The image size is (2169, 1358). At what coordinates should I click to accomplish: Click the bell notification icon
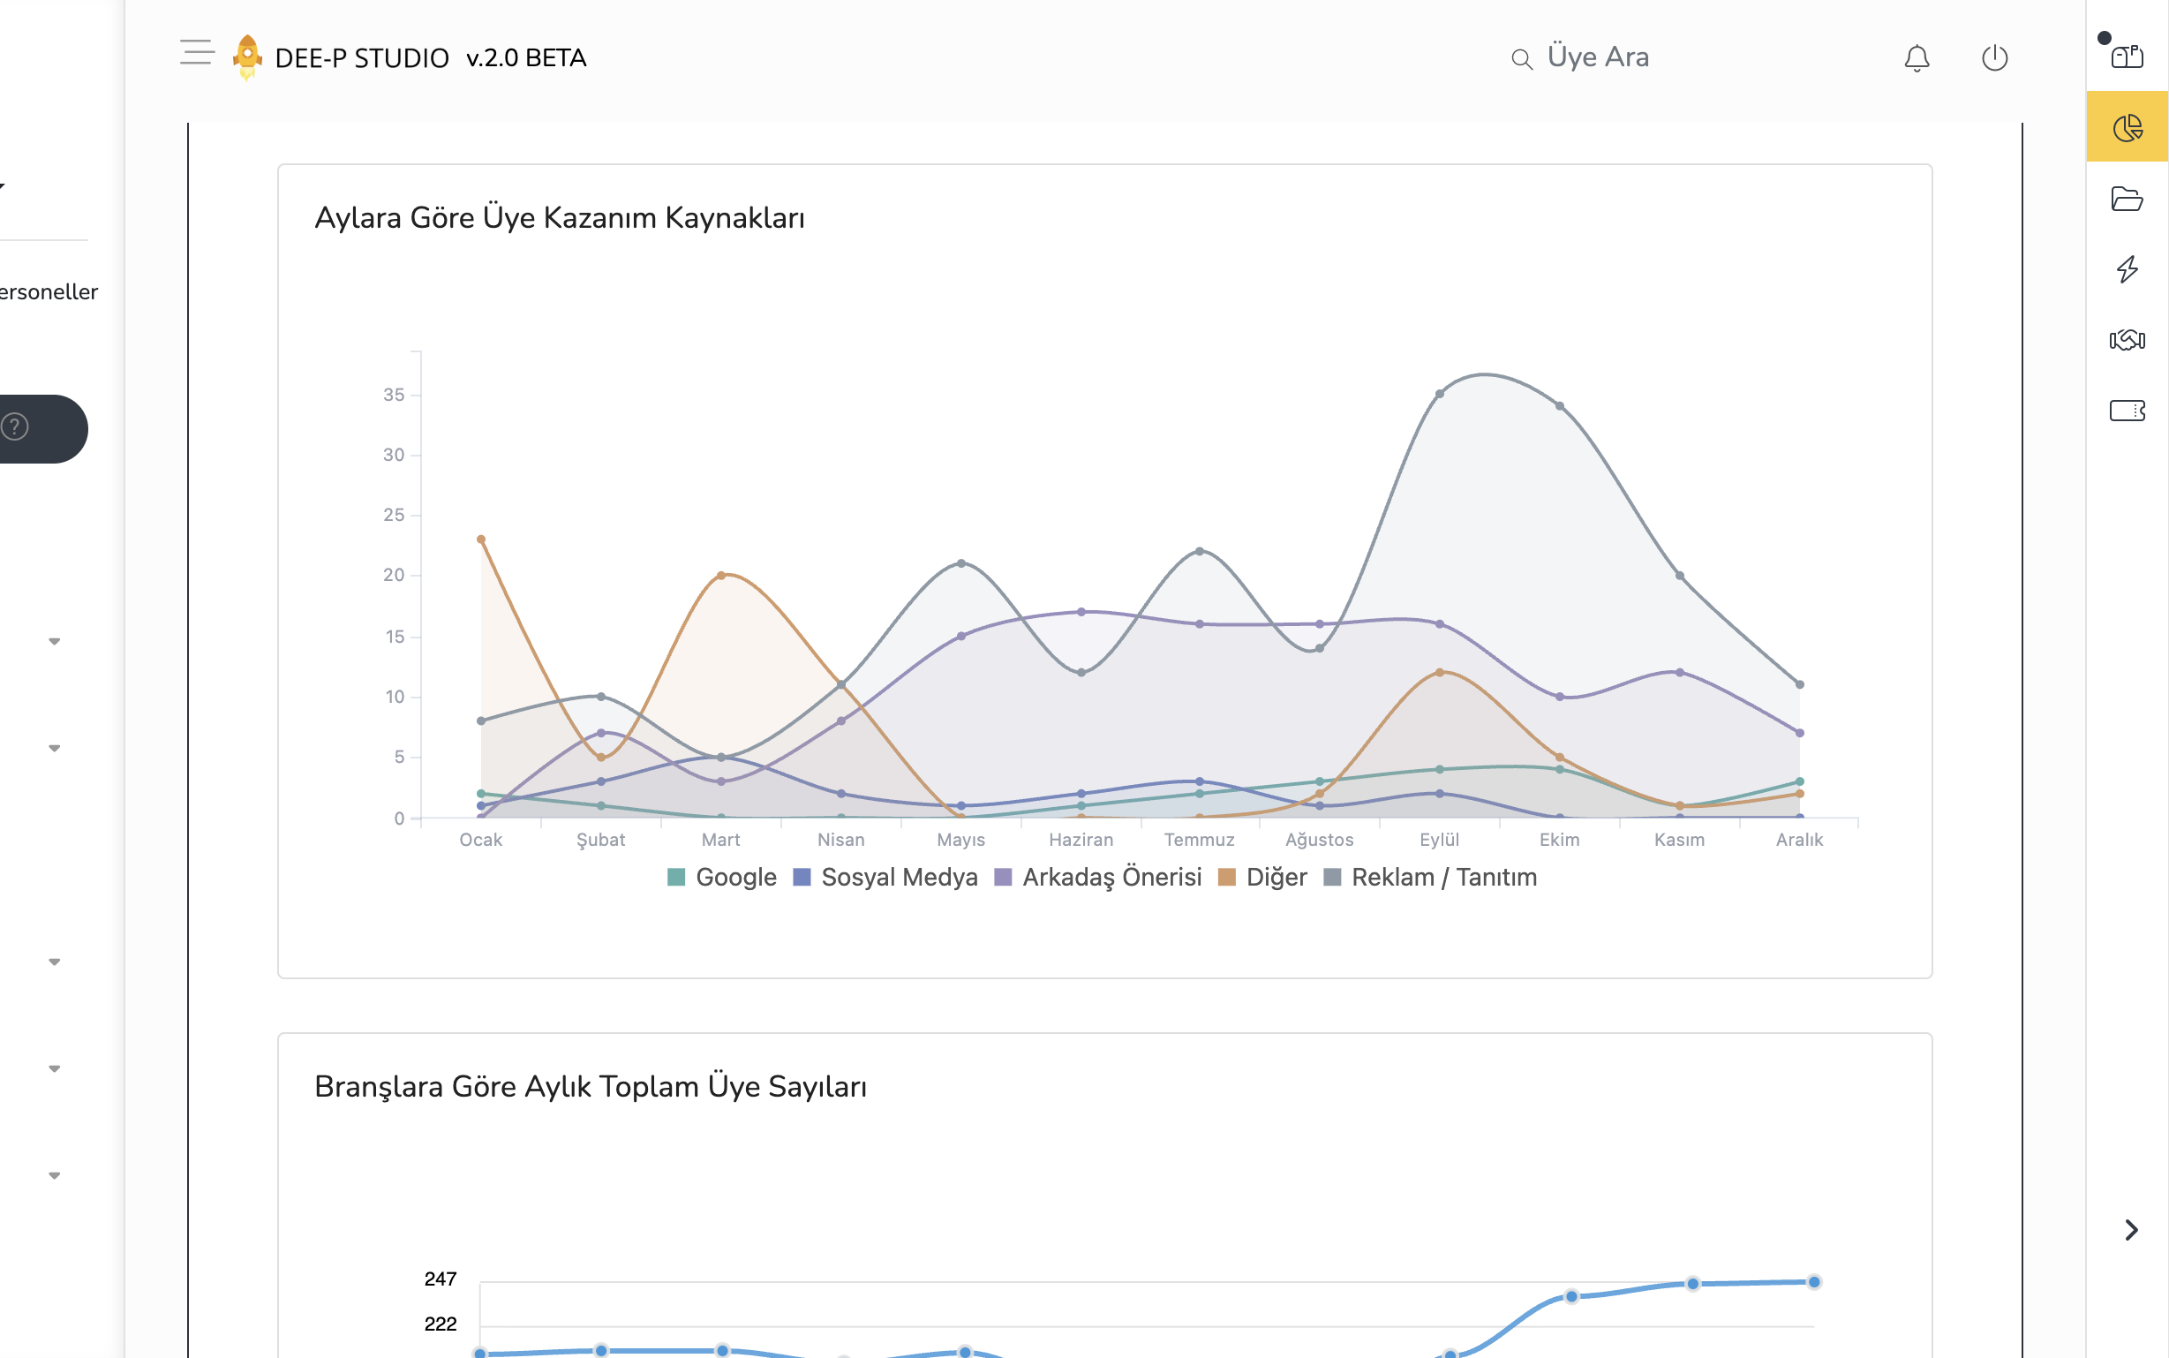click(1916, 58)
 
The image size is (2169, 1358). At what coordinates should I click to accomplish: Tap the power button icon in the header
click(1994, 58)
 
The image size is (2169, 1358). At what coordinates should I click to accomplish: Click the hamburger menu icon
click(197, 52)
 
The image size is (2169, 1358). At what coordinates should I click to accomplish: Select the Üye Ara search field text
click(1598, 57)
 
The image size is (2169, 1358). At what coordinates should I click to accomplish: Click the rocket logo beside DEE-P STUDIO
click(247, 57)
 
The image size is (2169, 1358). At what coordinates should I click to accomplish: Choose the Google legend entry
click(722, 877)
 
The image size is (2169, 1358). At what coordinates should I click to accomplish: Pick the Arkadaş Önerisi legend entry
click(1098, 877)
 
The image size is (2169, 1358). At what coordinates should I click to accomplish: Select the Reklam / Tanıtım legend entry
click(1430, 877)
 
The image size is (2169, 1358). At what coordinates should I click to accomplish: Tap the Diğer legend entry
click(1262, 877)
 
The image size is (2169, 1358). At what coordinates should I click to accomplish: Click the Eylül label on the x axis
click(1439, 839)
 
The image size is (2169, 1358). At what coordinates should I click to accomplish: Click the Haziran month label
click(1081, 839)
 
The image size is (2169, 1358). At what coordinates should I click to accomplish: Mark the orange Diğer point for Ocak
click(481, 539)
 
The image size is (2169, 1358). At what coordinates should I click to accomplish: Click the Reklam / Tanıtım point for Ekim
click(1559, 406)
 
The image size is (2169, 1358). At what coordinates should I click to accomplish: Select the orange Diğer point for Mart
click(721, 576)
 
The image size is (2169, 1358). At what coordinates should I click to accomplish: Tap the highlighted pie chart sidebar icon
click(2127, 127)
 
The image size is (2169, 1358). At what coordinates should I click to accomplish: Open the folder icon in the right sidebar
click(2127, 199)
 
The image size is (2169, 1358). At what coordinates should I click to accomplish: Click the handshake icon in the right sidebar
click(2127, 339)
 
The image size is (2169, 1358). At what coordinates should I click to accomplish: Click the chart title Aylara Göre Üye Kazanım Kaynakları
click(560, 218)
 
